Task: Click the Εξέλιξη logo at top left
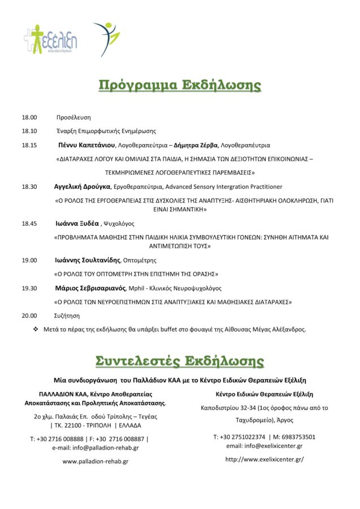(x=50, y=40)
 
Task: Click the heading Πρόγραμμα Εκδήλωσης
(x=180, y=85)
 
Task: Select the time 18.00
(x=29, y=118)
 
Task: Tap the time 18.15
(x=29, y=145)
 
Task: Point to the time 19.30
(x=29, y=288)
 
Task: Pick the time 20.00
(x=29, y=316)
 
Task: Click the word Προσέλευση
(x=73, y=118)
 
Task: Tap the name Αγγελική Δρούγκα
(x=82, y=186)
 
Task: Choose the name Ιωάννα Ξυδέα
(x=77, y=223)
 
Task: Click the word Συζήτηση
(x=67, y=316)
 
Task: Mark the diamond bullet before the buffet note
(x=35, y=329)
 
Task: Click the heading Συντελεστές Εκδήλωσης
(x=180, y=361)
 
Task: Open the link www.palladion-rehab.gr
(x=96, y=461)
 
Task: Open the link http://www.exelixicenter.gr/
(x=264, y=459)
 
